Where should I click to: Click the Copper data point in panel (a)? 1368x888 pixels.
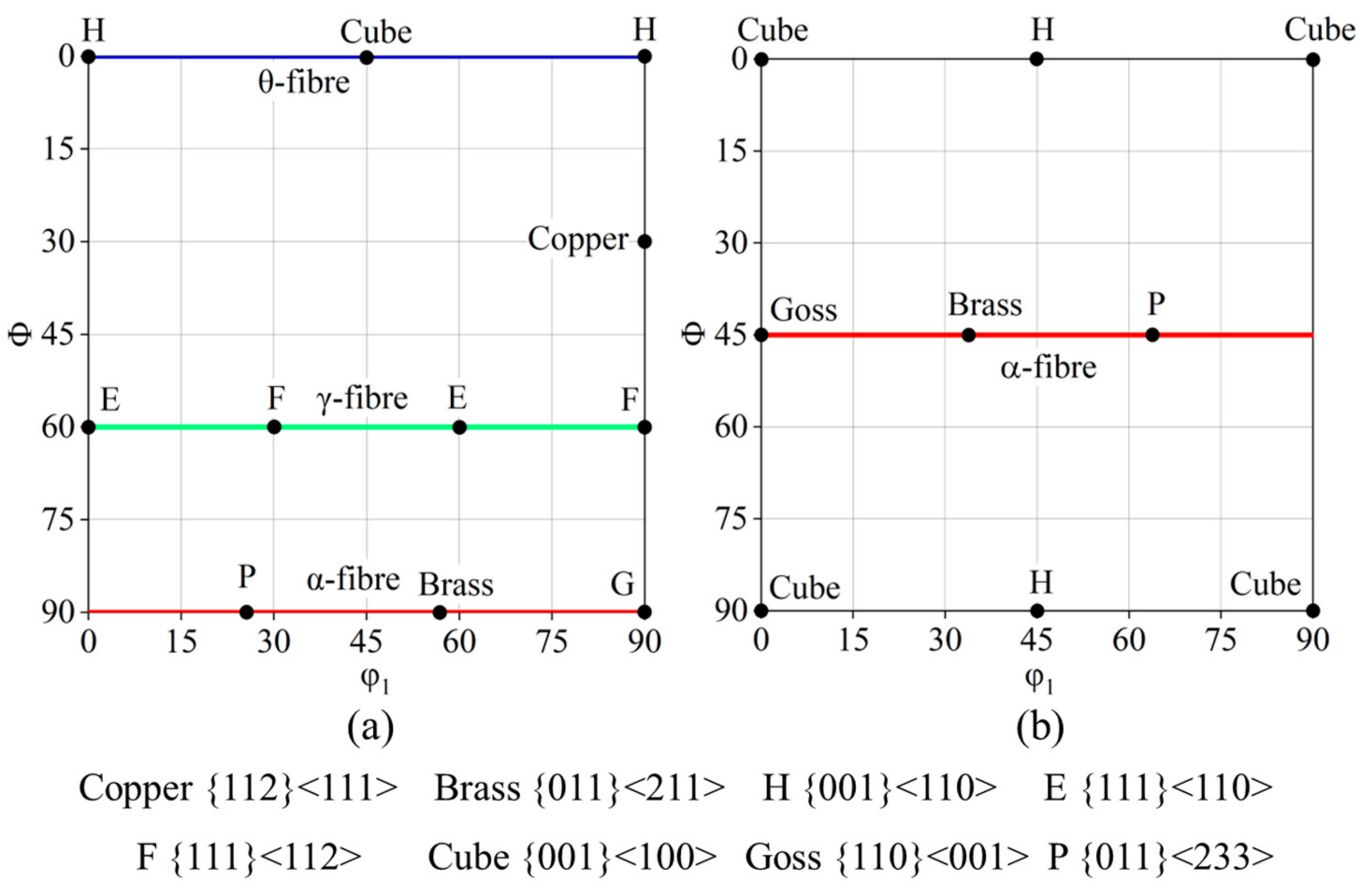click(x=644, y=241)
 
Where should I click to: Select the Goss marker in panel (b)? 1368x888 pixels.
click(x=761, y=334)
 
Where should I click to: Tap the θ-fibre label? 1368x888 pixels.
click(x=304, y=83)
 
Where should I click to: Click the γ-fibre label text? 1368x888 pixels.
click(x=362, y=398)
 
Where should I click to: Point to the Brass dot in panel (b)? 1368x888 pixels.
click(x=969, y=334)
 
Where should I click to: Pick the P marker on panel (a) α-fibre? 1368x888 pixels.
click(x=246, y=612)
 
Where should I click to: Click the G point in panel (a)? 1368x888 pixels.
click(x=644, y=612)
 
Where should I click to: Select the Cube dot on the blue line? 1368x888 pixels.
click(x=366, y=58)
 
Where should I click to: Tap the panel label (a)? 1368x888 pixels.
click(x=370, y=727)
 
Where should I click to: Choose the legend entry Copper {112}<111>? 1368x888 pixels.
click(x=238, y=788)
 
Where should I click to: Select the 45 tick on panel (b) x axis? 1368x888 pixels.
click(x=1036, y=640)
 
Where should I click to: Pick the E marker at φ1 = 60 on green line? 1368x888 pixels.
click(x=459, y=427)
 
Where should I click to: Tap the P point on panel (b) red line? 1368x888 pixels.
click(x=1152, y=334)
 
